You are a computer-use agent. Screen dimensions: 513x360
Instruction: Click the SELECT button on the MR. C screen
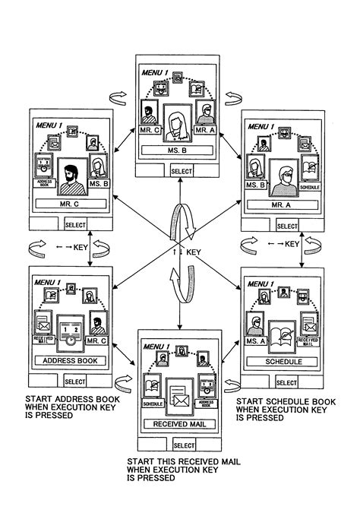point(74,225)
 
